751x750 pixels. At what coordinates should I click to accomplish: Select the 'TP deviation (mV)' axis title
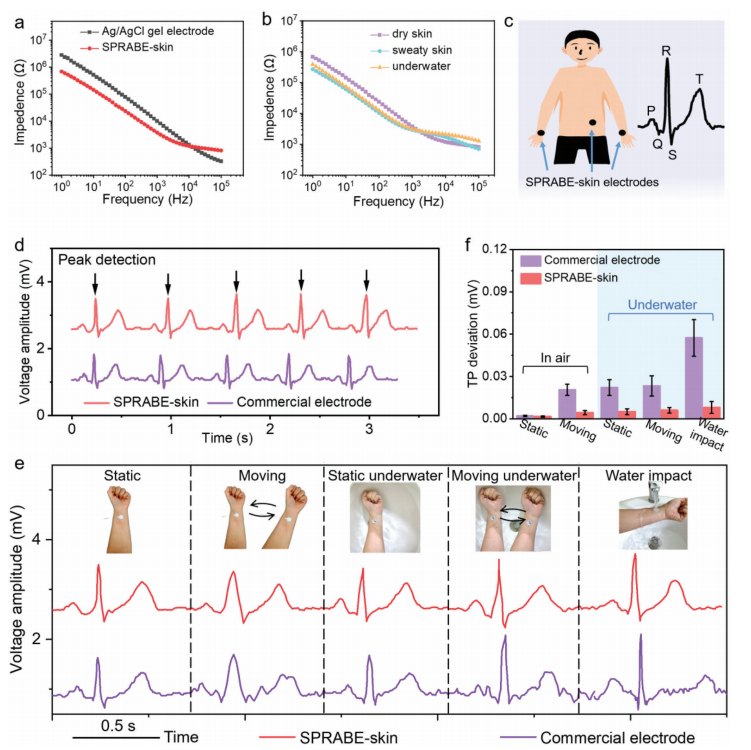point(468,332)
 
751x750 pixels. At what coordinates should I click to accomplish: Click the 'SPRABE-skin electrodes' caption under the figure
point(589,182)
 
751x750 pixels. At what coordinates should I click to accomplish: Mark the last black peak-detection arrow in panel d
point(367,279)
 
